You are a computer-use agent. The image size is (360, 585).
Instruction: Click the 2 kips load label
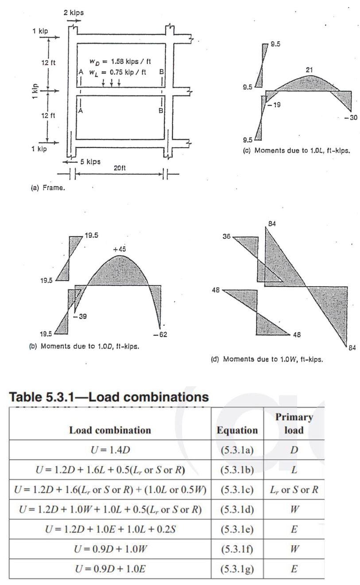tap(73, 13)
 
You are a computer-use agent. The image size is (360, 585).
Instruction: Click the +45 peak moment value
tap(120, 250)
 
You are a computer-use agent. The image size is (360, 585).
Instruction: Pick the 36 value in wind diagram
tap(226, 237)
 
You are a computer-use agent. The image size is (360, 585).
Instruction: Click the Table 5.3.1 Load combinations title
tap(109, 397)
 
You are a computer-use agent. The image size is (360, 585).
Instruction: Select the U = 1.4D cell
tap(110, 450)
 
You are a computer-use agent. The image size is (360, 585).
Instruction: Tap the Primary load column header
tap(294, 423)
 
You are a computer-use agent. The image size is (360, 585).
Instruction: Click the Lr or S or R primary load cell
tap(294, 490)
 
